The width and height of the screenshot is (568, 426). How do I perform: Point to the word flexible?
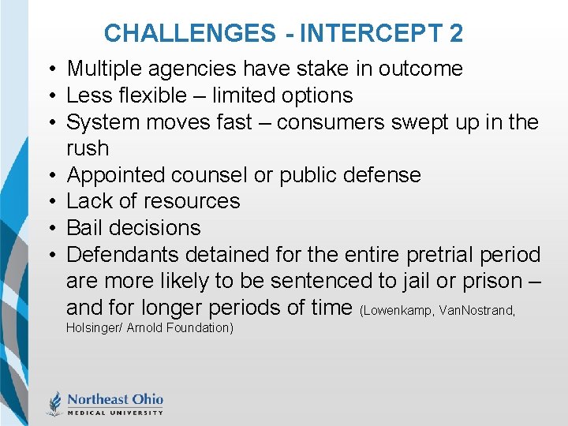tap(161, 95)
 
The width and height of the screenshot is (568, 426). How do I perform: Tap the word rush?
tap(87, 148)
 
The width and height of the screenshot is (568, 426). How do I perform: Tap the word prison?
tap(488, 281)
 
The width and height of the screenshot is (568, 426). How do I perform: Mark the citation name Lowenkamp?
tap(400, 311)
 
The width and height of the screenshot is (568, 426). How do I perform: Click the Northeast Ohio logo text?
tap(114, 398)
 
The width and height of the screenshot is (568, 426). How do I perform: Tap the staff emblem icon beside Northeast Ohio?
tap(55, 402)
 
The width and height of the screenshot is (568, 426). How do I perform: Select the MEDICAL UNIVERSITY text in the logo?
tap(114, 412)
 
